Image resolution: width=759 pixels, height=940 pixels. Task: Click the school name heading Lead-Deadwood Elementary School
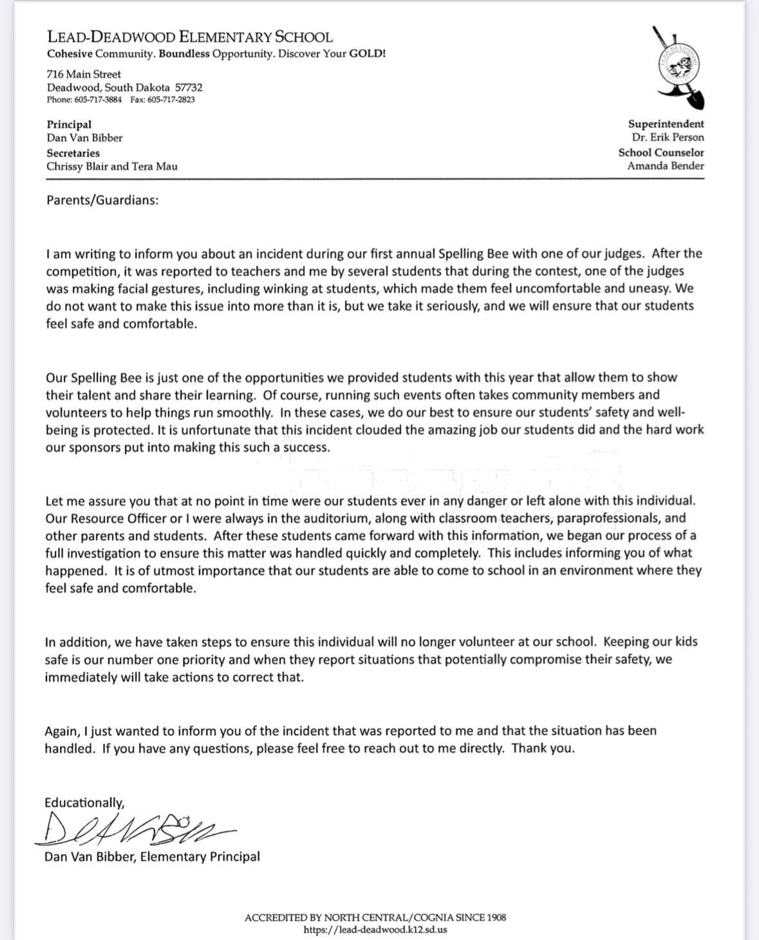tap(190, 37)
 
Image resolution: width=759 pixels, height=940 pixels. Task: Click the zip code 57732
tap(189, 88)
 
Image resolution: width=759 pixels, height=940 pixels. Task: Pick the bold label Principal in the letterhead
tap(69, 124)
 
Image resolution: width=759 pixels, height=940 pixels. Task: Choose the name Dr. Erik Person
tap(668, 137)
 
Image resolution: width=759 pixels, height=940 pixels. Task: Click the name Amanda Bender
tap(666, 165)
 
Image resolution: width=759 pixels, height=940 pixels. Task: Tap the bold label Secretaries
tap(73, 153)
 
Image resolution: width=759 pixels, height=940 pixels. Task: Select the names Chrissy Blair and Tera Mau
tap(112, 166)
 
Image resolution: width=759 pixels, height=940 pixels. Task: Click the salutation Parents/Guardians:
tap(102, 200)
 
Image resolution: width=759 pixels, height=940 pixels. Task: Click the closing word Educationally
tap(84, 803)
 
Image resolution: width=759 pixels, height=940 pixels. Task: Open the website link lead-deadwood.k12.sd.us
tap(375, 930)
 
